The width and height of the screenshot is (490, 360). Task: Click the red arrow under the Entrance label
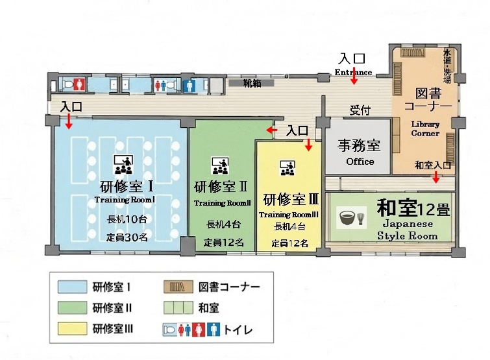pos(354,75)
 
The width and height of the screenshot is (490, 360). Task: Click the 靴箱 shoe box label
pos(252,84)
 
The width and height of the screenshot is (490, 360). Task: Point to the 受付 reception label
pos(360,110)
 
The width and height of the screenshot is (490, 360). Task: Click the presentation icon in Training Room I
pos(123,164)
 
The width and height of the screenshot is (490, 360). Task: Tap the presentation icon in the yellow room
pos(288,168)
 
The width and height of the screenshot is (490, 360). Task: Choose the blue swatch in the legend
pos(72,287)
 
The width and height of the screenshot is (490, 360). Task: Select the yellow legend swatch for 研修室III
pos(72,329)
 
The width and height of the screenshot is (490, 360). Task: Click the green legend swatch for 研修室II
pos(72,308)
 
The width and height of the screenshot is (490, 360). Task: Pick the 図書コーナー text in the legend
pos(229,287)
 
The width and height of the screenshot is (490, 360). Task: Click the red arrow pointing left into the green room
pos(271,130)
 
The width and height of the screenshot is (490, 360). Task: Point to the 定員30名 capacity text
pos(127,237)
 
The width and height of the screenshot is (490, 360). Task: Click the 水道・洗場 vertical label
pos(447,66)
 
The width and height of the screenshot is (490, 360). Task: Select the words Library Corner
pos(425,128)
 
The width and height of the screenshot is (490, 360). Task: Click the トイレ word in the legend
pos(238,330)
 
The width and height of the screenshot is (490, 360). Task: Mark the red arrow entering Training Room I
pos(68,121)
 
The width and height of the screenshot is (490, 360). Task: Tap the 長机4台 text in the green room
pos(223,224)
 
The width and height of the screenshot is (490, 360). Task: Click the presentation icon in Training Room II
pos(220,165)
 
